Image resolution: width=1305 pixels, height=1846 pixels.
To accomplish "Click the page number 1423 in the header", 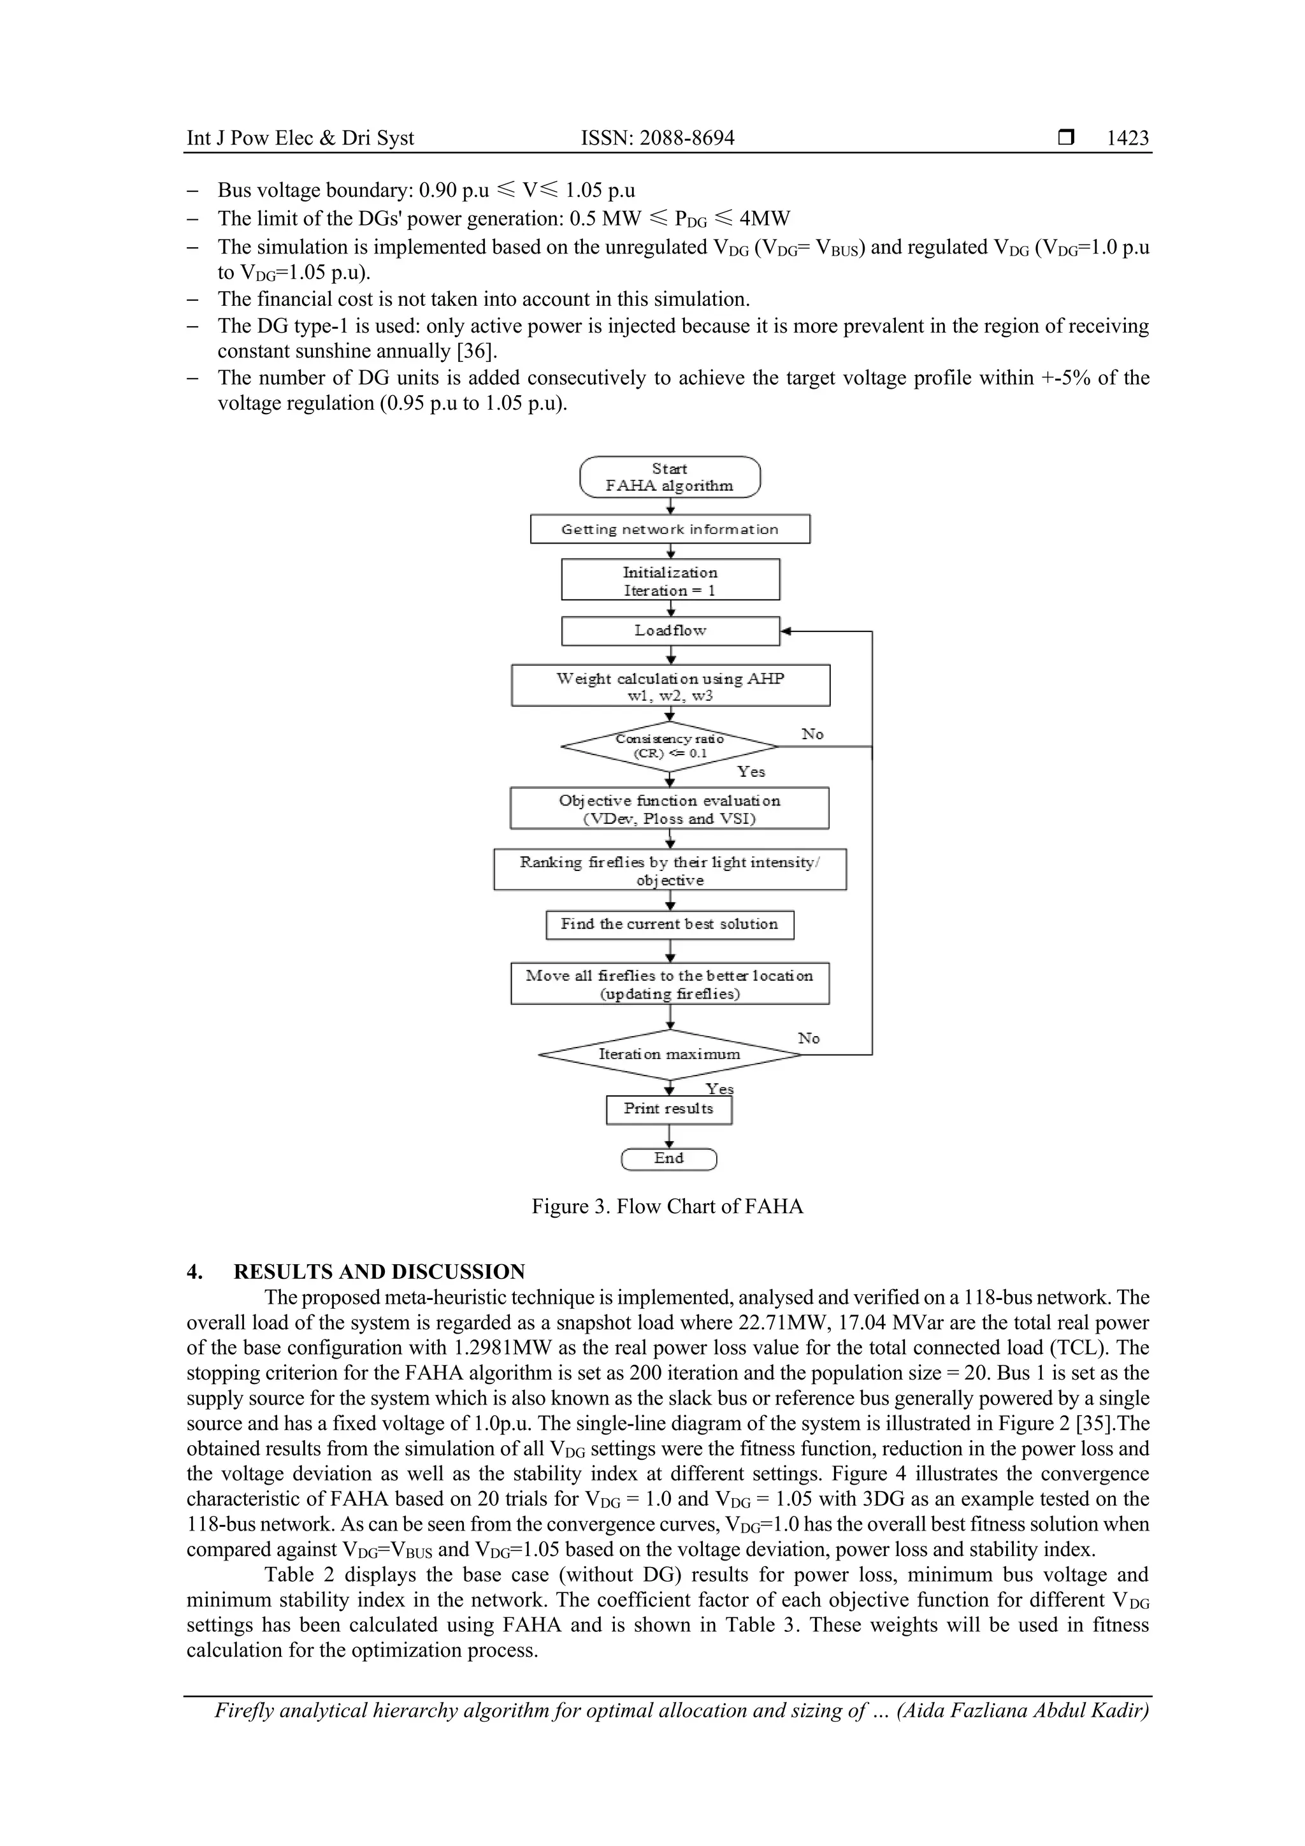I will click(1127, 138).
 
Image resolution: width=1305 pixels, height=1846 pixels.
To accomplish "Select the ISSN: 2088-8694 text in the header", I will click(657, 138).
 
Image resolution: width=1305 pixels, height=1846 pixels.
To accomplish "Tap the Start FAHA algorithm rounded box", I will click(669, 477).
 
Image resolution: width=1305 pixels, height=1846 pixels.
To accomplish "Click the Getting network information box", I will click(669, 529).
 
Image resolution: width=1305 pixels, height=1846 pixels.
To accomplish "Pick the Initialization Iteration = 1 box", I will click(670, 580).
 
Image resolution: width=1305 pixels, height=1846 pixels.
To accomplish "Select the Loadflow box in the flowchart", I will click(670, 631).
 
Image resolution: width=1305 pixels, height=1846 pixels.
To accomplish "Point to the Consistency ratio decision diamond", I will click(669, 746).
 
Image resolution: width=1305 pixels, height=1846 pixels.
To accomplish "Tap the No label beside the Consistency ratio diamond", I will click(812, 734).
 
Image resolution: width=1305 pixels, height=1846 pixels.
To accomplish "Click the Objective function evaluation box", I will click(669, 809).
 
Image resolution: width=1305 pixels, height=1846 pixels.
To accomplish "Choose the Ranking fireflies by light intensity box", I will click(669, 870).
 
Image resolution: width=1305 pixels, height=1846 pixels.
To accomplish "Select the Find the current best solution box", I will click(669, 925).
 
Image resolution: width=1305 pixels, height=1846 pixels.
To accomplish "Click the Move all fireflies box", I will click(669, 984).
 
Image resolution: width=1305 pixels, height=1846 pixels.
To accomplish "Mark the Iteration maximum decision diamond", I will click(669, 1054).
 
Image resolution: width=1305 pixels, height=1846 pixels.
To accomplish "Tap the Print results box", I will click(668, 1109).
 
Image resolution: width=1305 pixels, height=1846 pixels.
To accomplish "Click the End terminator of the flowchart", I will click(668, 1158).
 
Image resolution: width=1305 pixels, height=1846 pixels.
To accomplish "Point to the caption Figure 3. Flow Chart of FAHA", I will click(667, 1207).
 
